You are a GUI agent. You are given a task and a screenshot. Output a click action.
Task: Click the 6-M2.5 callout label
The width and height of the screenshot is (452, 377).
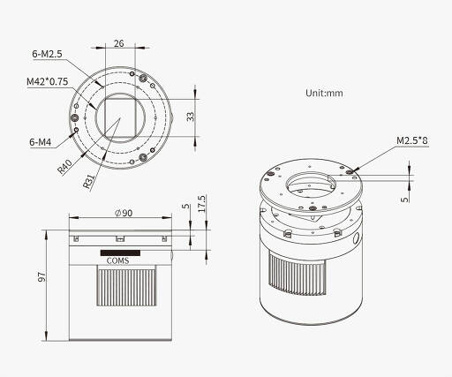click(47, 54)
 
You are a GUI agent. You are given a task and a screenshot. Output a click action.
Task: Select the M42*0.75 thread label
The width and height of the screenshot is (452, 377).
click(48, 81)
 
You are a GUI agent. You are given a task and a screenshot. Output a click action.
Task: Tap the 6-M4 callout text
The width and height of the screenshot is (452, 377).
click(41, 142)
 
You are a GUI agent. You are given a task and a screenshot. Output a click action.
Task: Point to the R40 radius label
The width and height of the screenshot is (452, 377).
click(64, 167)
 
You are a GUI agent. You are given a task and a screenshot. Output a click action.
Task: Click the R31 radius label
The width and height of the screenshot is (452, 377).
click(88, 181)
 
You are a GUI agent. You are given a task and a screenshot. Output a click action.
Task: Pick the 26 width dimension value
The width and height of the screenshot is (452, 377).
click(119, 43)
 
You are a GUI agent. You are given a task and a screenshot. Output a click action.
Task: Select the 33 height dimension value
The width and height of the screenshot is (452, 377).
click(191, 117)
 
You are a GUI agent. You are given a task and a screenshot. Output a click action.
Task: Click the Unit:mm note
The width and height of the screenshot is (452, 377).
click(324, 93)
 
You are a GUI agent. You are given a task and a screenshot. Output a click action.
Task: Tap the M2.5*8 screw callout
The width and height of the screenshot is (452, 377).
click(412, 140)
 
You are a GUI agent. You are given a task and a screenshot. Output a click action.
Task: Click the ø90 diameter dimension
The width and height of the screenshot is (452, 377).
click(124, 213)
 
